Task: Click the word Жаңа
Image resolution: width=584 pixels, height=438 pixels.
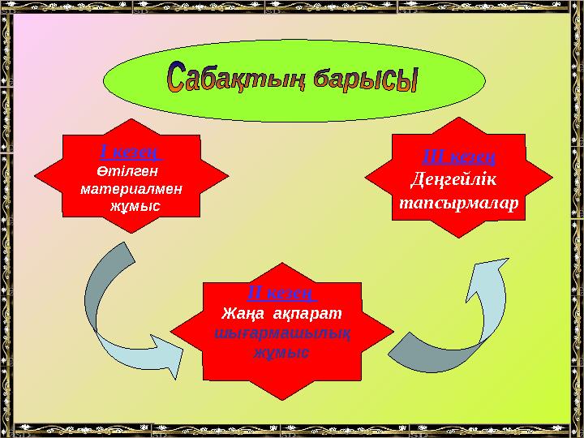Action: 241,312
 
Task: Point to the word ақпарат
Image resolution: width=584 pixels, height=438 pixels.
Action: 307,312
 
